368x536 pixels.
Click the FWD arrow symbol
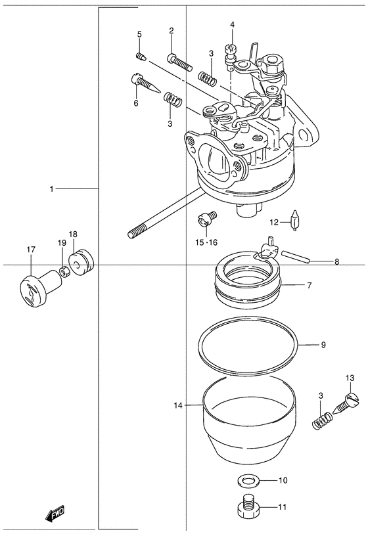pyautogui.click(x=55, y=512)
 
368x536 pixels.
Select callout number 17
pyautogui.click(x=31, y=250)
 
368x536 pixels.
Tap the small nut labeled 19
pyautogui.click(x=64, y=272)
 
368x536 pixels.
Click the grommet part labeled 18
pyautogui.click(x=81, y=261)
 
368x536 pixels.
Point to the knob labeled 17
pyautogui.click(x=40, y=286)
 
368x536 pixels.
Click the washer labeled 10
pyautogui.click(x=248, y=481)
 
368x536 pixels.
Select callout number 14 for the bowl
pyautogui.click(x=178, y=405)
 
